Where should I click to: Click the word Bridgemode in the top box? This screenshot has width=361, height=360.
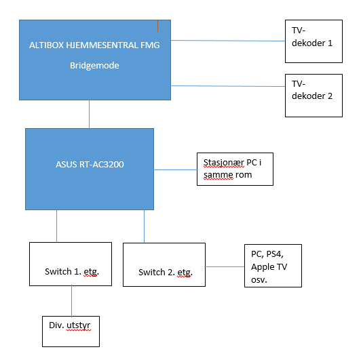94,66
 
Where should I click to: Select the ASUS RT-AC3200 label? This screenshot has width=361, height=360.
90,165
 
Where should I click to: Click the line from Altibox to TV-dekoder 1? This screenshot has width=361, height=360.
228,41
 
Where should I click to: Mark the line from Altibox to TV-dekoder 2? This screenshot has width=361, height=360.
228,86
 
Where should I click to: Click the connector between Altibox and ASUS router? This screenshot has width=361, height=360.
90,115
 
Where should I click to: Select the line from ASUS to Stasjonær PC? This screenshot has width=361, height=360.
176,170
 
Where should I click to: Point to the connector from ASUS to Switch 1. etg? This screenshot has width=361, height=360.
56,226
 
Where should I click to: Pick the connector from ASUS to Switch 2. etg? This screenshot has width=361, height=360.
145,226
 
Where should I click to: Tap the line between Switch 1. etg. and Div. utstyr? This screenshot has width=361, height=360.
72,301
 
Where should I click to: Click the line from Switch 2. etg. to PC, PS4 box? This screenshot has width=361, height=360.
225,267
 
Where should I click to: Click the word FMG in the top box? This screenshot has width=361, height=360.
150,45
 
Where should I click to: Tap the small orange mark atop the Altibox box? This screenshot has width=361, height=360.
157,26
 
